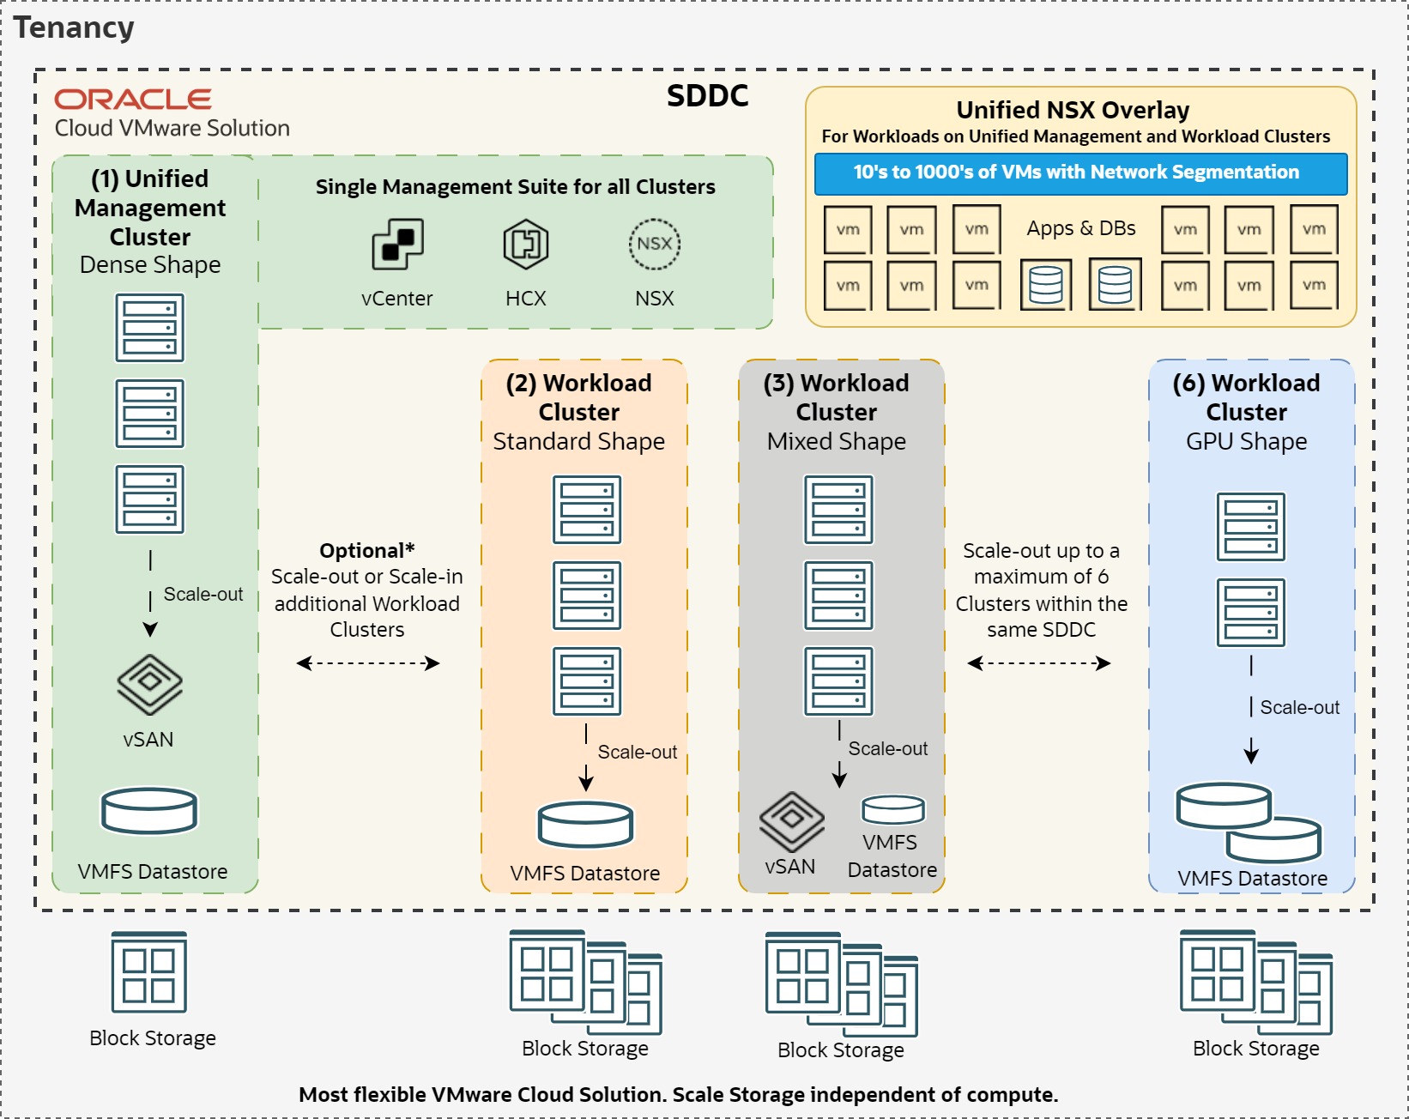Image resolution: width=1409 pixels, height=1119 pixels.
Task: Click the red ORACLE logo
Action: pos(133,100)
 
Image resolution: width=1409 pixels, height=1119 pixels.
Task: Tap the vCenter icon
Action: pos(397,244)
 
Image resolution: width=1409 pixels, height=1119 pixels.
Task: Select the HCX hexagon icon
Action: pos(525,244)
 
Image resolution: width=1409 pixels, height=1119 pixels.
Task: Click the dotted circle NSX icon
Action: pos(654,244)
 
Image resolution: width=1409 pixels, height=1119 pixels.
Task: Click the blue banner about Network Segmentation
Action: pos(1080,173)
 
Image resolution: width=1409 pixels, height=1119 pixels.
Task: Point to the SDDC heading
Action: pos(707,95)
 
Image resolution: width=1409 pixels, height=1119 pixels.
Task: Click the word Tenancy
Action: pos(74,27)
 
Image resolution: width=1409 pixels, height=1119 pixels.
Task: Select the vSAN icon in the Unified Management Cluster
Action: pos(149,684)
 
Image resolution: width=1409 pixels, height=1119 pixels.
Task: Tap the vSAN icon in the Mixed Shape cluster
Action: pos(791,821)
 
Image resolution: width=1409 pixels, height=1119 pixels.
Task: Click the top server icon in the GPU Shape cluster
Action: pos(1250,526)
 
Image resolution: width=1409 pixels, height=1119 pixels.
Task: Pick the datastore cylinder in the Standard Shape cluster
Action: pos(585,824)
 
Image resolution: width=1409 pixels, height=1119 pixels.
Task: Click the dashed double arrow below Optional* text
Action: pos(367,662)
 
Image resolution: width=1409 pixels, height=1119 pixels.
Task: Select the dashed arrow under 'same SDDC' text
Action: pos(1038,662)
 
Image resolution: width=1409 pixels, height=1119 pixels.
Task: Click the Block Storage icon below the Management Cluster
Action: pos(149,972)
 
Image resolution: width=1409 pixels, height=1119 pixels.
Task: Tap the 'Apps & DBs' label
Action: pos(1080,228)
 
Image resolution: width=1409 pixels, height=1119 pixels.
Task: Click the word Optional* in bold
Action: pos(366,550)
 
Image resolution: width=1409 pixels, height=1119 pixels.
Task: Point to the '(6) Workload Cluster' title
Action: pos(1246,396)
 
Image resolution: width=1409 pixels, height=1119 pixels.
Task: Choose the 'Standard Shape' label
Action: pos(578,441)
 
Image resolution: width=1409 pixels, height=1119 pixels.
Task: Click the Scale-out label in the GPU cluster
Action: pos(1299,707)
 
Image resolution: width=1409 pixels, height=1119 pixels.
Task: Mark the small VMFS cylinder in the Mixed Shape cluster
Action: pos(893,809)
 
